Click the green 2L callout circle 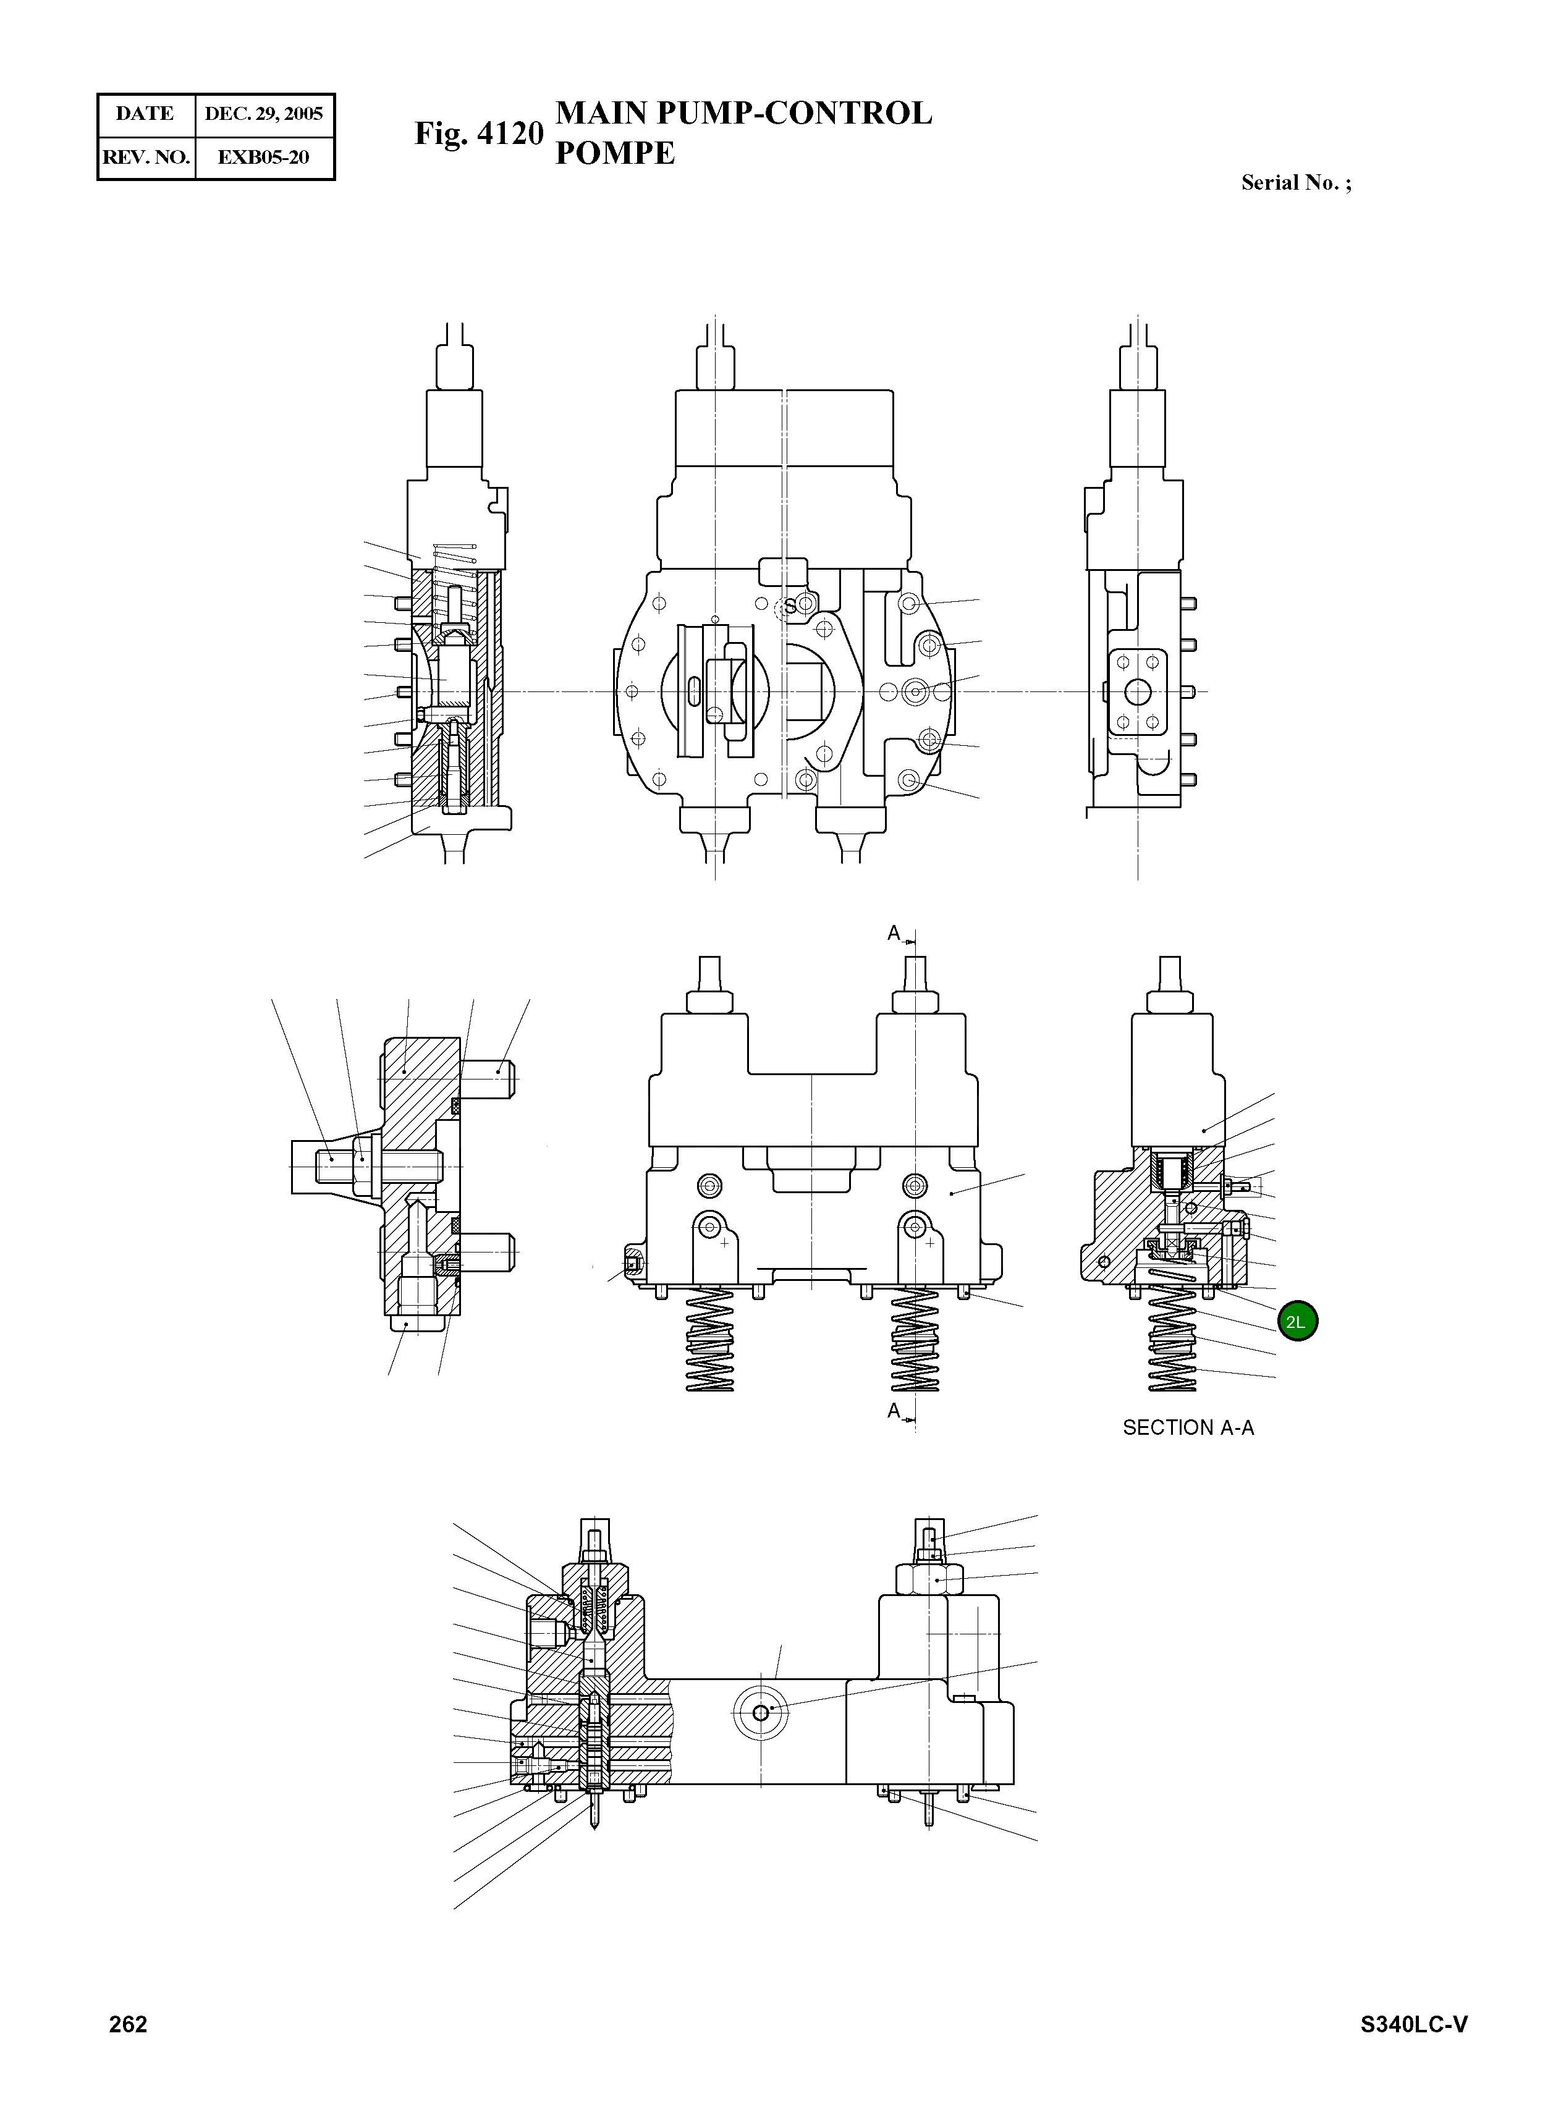pos(1297,1321)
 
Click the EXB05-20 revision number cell pos(264,157)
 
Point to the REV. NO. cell pos(145,157)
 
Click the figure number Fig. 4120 pos(479,133)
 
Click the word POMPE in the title pos(614,153)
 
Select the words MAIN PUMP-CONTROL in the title pos(743,113)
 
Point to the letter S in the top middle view pos(790,607)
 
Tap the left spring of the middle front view pos(709,1340)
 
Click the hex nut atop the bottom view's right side pos(929,1578)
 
